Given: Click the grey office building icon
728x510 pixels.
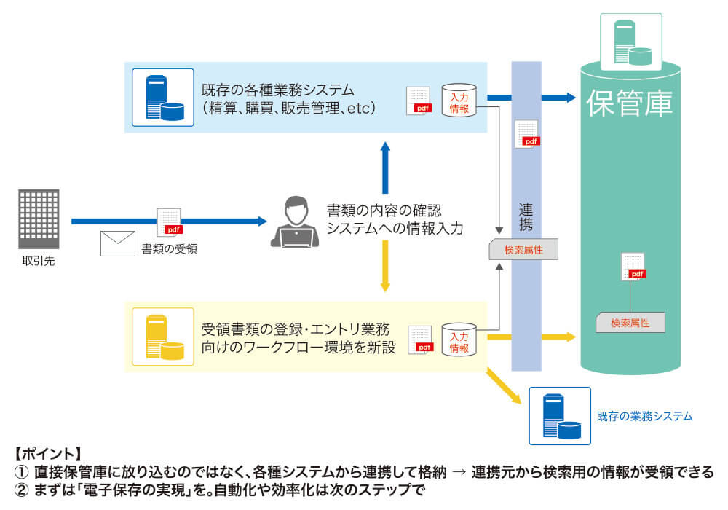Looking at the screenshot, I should [x=39, y=218].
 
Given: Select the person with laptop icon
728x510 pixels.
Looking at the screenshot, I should [x=295, y=221].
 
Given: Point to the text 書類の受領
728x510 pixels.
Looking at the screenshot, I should [x=170, y=248].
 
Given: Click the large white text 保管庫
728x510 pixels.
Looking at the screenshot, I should [x=630, y=104].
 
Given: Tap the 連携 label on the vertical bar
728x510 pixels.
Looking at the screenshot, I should [x=526, y=218].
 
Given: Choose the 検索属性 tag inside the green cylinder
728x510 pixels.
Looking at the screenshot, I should [x=630, y=322].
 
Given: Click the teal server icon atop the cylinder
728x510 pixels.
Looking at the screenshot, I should [x=630, y=42].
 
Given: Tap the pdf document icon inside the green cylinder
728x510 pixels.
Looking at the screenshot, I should [x=633, y=267].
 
